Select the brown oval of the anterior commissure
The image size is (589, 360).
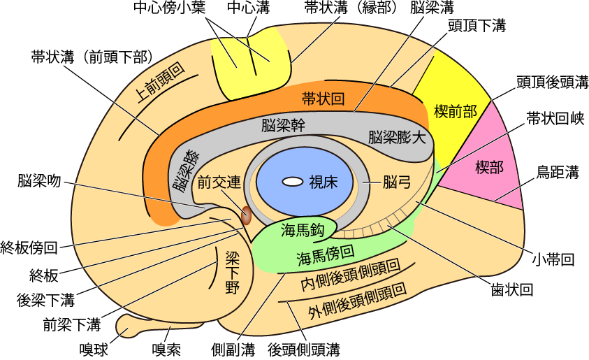click(247, 215)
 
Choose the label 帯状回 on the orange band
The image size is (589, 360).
click(323, 99)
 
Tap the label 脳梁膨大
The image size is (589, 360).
click(396, 137)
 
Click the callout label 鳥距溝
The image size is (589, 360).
click(557, 171)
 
